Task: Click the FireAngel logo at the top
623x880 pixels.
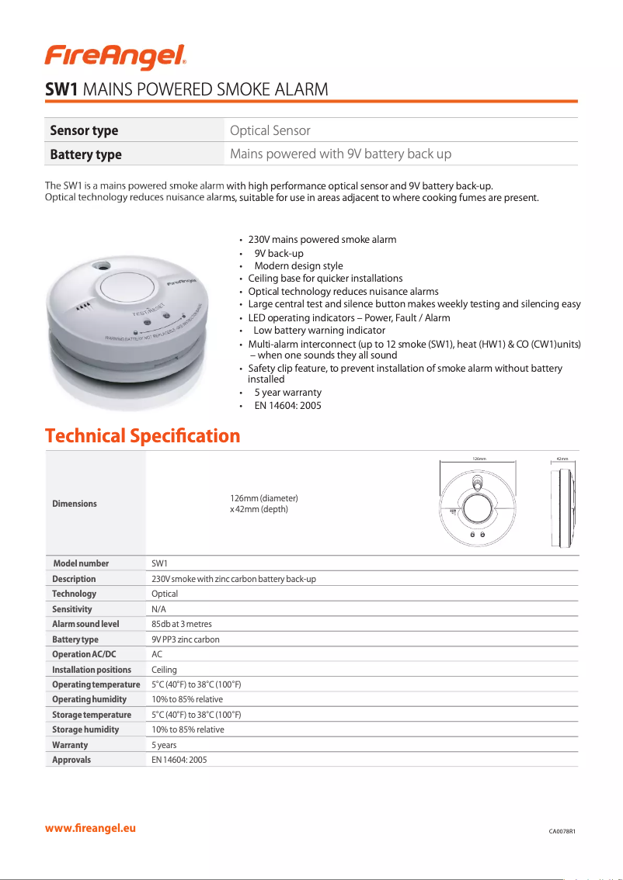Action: pos(115,56)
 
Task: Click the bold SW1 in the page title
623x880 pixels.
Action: pos(61,89)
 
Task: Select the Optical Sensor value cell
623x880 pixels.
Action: pos(270,130)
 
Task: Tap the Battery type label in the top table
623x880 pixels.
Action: pos(85,154)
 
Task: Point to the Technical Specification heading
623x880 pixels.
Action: pos(143,435)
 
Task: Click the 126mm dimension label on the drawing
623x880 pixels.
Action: pos(479,459)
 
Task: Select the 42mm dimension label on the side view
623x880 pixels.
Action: pos(562,459)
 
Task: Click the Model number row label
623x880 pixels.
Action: pos(81,563)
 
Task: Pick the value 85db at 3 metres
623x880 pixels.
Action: pos(182,624)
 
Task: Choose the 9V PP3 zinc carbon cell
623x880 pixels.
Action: pos(186,639)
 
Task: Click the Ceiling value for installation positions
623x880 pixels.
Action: pos(164,670)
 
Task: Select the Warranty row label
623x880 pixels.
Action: pos(70,745)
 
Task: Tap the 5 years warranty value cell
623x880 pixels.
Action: pos(164,745)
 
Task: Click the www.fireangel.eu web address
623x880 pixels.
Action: pos(90,828)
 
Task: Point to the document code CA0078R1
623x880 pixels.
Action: pos(562,832)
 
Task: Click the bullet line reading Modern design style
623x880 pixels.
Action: pos(298,266)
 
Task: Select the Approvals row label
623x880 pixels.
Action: pos(71,760)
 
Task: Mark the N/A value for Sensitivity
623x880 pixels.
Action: pos(158,609)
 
